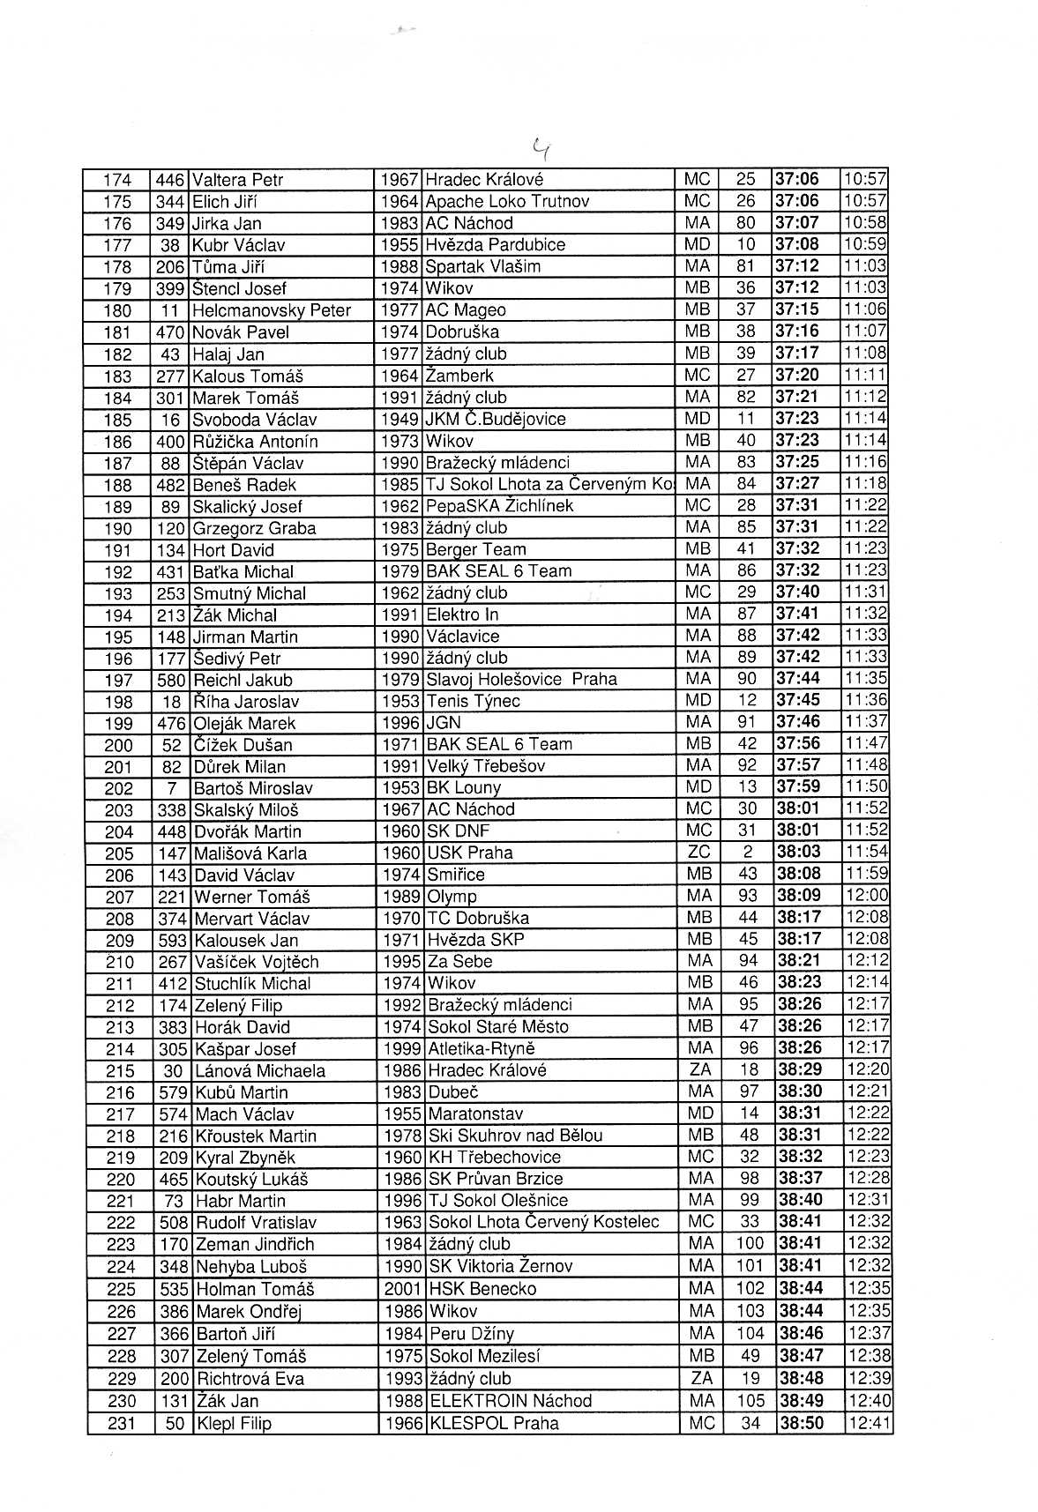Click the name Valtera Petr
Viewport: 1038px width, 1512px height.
(237, 180)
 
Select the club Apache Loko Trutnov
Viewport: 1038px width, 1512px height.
(507, 201)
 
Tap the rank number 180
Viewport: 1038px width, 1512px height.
(117, 310)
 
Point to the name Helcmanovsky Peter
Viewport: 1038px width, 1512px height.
(271, 310)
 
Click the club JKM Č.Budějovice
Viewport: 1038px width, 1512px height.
(495, 419)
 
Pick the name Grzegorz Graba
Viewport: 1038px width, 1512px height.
(254, 528)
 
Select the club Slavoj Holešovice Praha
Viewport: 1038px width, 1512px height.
(521, 680)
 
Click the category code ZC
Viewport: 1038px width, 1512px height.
(698, 853)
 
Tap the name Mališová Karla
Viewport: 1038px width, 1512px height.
(250, 853)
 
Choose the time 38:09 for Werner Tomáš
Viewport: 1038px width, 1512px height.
(799, 896)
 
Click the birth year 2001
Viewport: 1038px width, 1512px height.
(403, 1289)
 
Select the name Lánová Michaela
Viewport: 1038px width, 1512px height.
(260, 1071)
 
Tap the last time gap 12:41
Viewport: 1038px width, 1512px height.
(868, 1422)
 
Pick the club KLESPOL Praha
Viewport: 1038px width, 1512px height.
(494, 1423)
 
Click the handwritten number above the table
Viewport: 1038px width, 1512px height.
(541, 148)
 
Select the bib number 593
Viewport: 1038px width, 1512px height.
(173, 941)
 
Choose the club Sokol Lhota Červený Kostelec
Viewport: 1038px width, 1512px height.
(543, 1222)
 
